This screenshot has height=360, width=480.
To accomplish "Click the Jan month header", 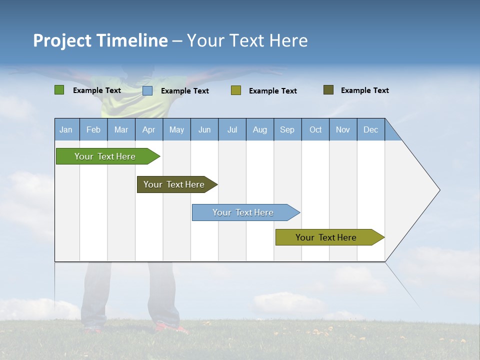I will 66,130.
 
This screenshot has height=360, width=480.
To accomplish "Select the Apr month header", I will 149,130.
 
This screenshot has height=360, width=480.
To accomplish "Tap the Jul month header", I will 232,130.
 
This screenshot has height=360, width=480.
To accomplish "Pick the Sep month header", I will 287,130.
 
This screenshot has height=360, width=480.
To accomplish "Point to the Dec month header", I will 370,130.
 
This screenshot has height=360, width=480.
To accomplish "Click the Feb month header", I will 93,130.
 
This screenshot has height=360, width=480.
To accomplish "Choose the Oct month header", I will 315,130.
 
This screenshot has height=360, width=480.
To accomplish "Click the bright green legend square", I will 59,90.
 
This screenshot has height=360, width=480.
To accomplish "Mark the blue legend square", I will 147,90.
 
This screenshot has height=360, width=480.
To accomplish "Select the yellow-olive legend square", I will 236,90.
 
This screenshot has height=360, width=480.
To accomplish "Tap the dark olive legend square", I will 328,90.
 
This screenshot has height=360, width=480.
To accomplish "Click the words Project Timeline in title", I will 100,40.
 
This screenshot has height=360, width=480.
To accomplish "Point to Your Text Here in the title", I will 247,40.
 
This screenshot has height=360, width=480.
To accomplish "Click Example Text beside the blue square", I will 184,91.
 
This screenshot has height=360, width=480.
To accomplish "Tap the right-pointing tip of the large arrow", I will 438,190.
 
